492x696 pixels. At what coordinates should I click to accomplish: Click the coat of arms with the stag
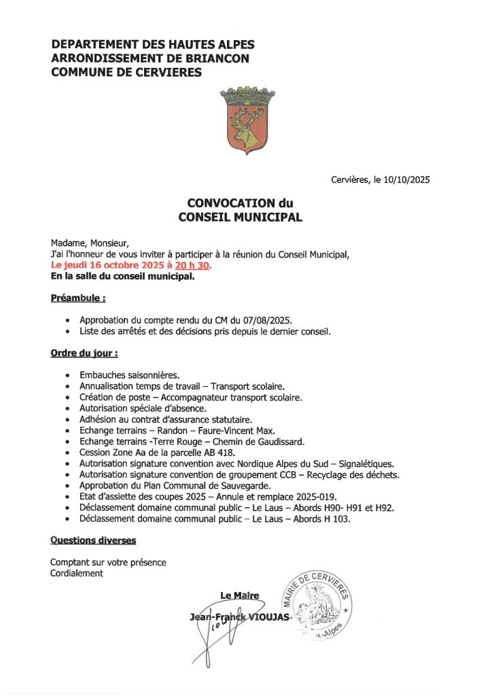click(246, 122)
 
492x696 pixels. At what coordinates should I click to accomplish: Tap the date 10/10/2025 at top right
click(406, 180)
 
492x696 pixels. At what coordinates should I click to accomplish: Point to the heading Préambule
click(77, 298)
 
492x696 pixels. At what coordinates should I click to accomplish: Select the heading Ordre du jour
click(84, 353)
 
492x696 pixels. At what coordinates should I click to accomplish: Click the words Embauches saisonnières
click(129, 375)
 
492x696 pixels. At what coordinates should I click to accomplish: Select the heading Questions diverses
click(93, 540)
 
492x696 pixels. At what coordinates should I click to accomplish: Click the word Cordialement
click(76, 573)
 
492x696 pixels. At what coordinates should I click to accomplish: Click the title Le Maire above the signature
click(239, 595)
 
